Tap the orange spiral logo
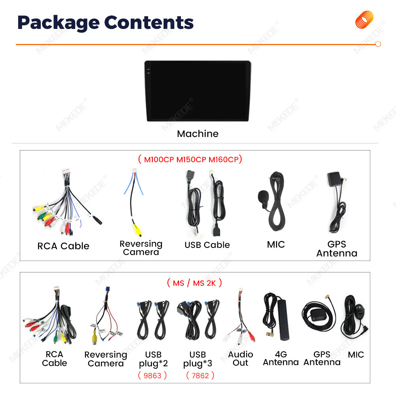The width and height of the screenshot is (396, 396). coord(364,20)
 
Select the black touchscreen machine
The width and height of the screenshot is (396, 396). coord(198,91)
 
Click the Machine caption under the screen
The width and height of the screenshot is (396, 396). coord(198,134)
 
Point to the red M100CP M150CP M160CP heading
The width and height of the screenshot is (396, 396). coord(190,160)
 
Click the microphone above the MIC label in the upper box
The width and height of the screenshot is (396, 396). coord(263,195)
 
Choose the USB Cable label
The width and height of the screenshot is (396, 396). coord(207,245)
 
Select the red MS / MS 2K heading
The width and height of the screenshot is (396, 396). coord(194,283)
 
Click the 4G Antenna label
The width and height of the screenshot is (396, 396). coord(281,358)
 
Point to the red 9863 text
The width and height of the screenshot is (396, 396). coord(152,375)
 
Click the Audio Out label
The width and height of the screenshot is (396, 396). coord(240,358)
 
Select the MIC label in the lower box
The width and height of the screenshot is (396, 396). coord(356,355)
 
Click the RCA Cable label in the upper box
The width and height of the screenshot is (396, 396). coord(63,246)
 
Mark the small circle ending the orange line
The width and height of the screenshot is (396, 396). coord(378,44)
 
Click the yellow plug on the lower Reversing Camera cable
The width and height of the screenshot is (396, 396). coord(95,339)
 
